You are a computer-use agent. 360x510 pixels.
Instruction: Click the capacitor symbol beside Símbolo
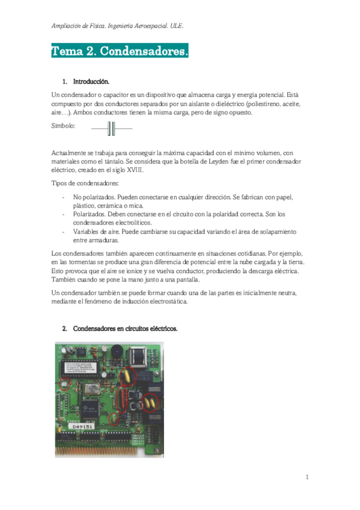pyautogui.click(x=111, y=127)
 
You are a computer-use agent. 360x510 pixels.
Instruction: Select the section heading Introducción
pyautogui.click(x=91, y=81)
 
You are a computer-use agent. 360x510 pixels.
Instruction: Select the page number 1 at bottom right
pyautogui.click(x=307, y=477)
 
